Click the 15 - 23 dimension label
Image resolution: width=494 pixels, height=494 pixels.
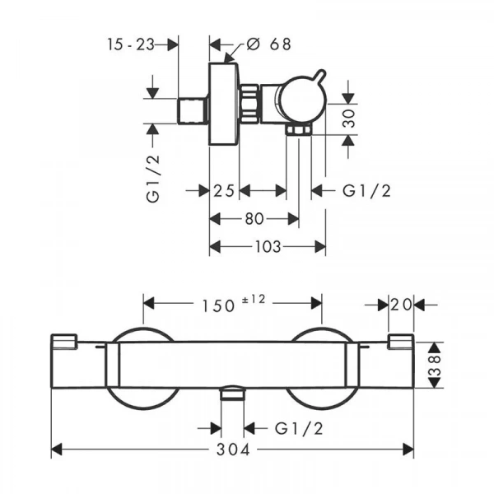click(131, 44)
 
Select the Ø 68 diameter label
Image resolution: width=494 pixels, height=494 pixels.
click(268, 44)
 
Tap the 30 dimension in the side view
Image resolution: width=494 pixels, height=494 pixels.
click(349, 119)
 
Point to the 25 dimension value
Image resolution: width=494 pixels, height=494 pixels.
click(224, 191)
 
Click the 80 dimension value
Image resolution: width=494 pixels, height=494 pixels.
click(254, 219)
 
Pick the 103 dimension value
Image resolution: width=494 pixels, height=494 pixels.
click(268, 247)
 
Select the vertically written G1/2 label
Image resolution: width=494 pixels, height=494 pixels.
click(153, 179)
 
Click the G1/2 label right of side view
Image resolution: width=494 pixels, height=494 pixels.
click(366, 191)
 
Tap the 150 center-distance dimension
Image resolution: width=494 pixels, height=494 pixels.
click(218, 306)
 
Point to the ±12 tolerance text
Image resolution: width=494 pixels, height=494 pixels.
click(254, 299)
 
